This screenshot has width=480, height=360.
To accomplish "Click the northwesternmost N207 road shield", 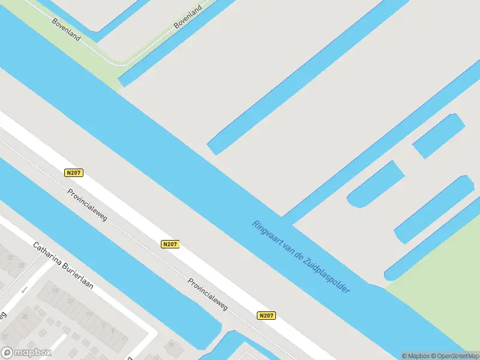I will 74,173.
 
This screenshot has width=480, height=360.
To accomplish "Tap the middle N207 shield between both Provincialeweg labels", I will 170,244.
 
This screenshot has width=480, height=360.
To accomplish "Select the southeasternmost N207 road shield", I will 267,316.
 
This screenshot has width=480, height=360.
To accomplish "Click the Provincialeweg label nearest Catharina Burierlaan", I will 88,205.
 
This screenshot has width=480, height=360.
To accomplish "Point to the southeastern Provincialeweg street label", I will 208,294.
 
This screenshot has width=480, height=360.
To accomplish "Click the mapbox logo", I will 26,352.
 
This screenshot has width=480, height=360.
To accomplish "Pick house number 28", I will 25,316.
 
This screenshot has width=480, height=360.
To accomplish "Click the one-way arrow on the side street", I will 25,290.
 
